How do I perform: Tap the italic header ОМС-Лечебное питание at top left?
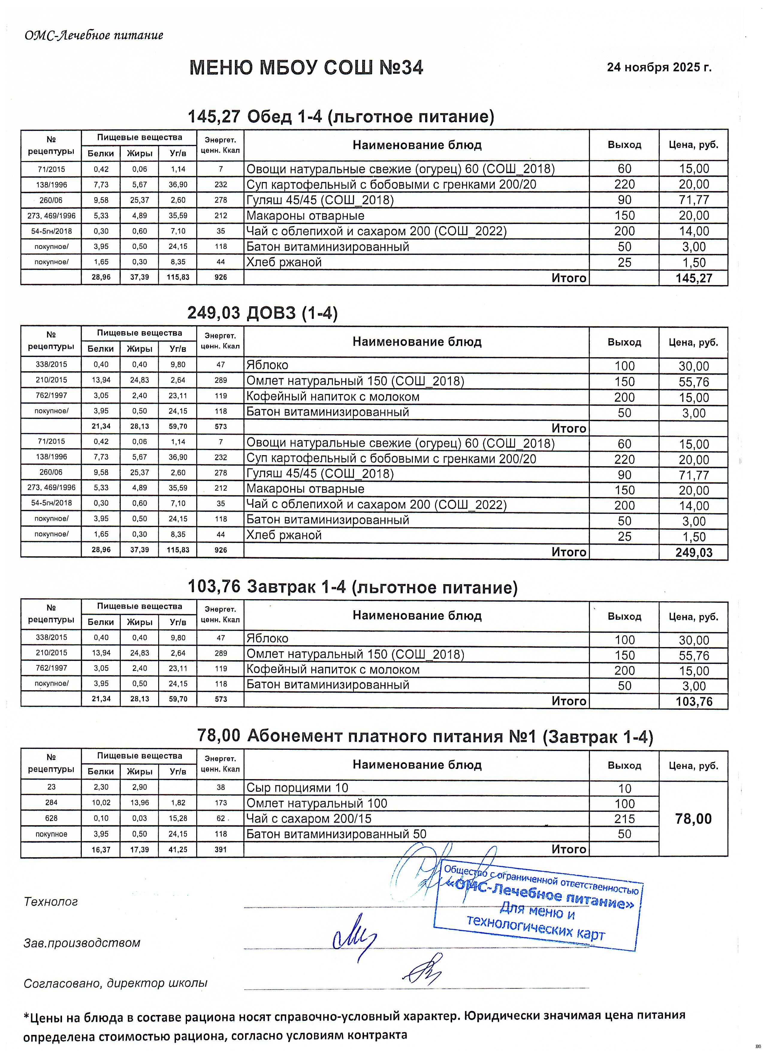point(94,35)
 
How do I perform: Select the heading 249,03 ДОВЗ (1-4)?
point(262,313)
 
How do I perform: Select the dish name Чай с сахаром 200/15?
point(309,818)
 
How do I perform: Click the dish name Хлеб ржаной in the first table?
point(284,262)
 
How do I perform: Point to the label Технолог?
point(51,902)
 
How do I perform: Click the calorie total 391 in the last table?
point(221,849)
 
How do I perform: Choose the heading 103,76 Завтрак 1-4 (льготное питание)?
point(352,587)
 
